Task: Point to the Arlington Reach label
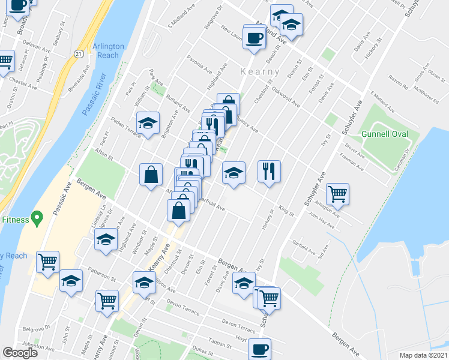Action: point(109,50)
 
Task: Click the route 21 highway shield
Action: point(79,54)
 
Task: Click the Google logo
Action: point(20,353)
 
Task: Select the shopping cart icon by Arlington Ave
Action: point(338,193)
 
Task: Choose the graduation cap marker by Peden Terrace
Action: point(148,123)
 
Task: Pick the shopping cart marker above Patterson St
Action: point(47,262)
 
